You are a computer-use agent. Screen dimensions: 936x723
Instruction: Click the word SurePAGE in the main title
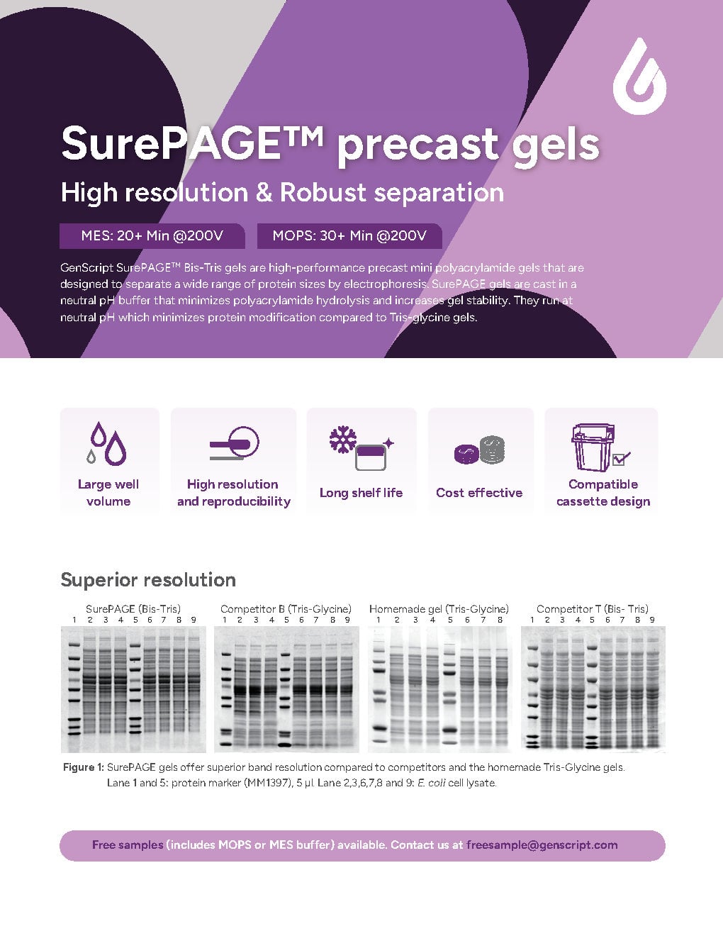click(x=191, y=144)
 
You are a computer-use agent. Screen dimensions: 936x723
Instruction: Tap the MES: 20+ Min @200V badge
click(x=152, y=236)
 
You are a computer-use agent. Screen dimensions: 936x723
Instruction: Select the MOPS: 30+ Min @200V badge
click(x=349, y=236)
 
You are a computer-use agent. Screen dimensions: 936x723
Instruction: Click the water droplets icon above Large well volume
click(x=108, y=444)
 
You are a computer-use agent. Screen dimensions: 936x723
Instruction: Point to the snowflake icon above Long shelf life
click(x=344, y=440)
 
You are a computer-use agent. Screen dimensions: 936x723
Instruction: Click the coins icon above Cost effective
click(x=479, y=450)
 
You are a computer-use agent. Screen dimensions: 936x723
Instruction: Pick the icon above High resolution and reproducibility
click(x=235, y=444)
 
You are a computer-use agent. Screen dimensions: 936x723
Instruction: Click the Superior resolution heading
click(x=148, y=580)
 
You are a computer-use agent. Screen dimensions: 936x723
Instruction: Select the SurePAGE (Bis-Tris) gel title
click(x=133, y=608)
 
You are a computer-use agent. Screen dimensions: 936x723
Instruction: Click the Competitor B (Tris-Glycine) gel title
click(x=286, y=608)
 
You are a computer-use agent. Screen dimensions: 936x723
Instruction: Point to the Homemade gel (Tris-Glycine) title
click(x=439, y=608)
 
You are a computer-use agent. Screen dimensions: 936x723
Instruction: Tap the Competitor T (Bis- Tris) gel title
click(x=593, y=608)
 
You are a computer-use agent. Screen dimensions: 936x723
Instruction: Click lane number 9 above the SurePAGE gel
click(x=194, y=620)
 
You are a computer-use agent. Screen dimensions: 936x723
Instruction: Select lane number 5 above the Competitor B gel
click(x=286, y=620)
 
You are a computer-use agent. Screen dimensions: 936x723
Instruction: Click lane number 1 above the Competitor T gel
click(x=532, y=620)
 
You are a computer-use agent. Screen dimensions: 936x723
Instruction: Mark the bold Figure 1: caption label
click(x=84, y=767)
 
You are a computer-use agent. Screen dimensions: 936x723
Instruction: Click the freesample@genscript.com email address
click(x=542, y=845)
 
